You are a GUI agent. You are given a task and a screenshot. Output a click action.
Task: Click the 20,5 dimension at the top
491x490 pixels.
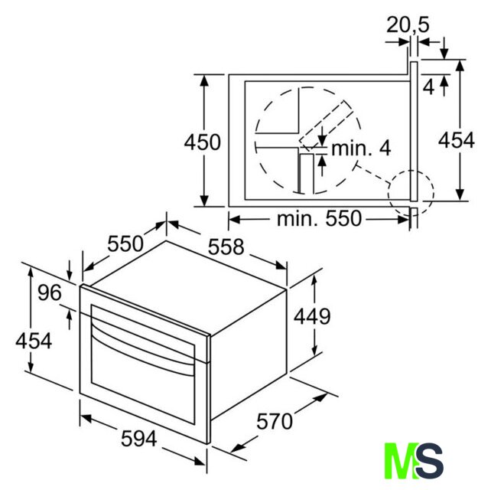(408, 24)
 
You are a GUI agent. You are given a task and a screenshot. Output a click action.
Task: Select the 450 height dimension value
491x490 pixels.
(202, 142)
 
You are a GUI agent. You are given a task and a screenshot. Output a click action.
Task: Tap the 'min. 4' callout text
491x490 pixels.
(361, 149)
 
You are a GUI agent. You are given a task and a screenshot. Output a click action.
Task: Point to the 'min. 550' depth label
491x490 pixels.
(319, 218)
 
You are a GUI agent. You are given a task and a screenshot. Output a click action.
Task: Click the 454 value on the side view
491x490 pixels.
(457, 140)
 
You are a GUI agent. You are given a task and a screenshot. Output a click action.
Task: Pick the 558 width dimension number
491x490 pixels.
(226, 247)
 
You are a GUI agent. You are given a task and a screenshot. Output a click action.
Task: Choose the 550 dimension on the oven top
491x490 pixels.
(125, 243)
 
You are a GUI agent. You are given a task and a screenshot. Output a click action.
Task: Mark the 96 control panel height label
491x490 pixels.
(50, 292)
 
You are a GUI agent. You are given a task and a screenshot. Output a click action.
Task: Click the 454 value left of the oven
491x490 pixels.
(34, 341)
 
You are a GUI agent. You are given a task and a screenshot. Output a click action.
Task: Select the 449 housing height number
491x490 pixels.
(312, 316)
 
